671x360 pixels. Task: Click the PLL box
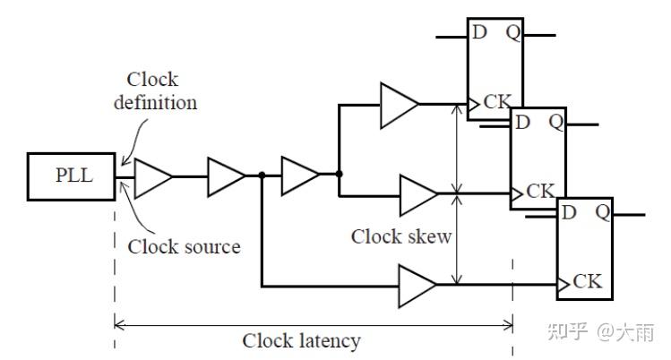(x=71, y=176)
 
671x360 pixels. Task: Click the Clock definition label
(x=155, y=91)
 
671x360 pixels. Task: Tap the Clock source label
(x=184, y=246)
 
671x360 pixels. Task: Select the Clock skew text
(x=401, y=236)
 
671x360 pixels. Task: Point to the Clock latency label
(x=301, y=341)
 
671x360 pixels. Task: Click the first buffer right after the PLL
(x=153, y=178)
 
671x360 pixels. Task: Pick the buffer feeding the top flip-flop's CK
(x=400, y=105)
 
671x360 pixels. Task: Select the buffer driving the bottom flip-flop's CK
(x=417, y=286)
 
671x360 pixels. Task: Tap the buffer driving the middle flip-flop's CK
(x=418, y=195)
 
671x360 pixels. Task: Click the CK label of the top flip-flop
(x=497, y=102)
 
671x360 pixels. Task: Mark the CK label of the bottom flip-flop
(x=587, y=281)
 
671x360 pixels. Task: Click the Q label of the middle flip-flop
(x=556, y=123)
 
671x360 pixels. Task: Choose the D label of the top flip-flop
(x=479, y=32)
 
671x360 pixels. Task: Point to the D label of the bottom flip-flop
(x=569, y=212)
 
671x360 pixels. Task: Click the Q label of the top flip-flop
(x=513, y=33)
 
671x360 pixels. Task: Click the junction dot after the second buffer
(x=262, y=175)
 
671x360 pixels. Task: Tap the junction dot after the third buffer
(x=339, y=174)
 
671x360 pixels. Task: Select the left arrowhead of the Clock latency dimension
(x=118, y=325)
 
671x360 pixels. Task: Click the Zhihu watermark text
(x=601, y=331)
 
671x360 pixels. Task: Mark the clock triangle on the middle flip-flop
(x=517, y=194)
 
